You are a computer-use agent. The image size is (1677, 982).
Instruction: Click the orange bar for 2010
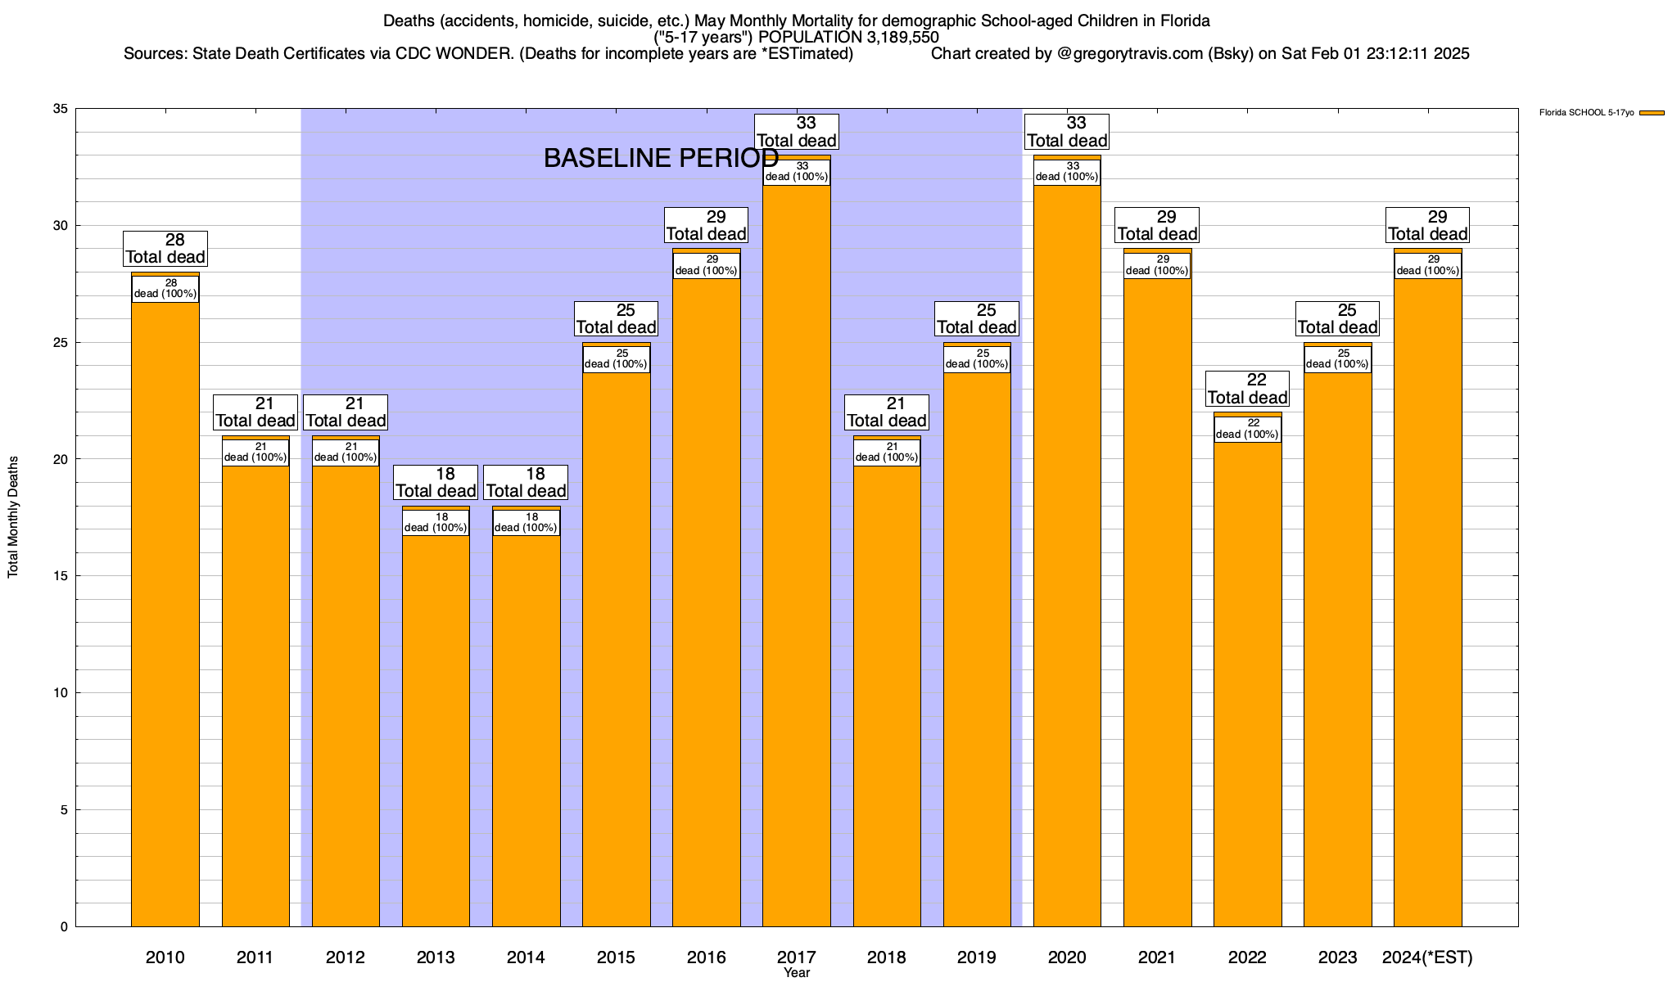coord(165,614)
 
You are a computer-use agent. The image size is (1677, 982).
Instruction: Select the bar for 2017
coord(797,556)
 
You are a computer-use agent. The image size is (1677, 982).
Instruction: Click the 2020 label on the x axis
coord(1067,957)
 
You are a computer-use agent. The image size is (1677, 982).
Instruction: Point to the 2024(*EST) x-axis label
coord(1427,957)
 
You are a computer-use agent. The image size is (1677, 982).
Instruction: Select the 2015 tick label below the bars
coord(616,957)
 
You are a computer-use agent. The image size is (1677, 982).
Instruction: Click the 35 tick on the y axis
coord(61,109)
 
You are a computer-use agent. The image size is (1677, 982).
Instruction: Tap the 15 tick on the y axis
coord(61,576)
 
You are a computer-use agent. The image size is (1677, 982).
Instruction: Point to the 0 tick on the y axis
coord(64,927)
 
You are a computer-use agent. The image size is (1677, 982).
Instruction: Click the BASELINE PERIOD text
coord(661,158)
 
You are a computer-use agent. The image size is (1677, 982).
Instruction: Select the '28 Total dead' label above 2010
coord(165,249)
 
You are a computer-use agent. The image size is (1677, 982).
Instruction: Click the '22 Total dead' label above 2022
coord(1247,390)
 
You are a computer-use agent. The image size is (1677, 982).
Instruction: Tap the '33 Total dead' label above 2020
coord(1067,132)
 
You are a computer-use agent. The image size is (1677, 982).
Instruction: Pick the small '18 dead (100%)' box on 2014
coord(526,523)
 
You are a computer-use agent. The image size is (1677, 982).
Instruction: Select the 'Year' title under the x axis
coord(797,973)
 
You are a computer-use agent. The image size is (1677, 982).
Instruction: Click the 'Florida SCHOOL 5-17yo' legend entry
coord(1586,113)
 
